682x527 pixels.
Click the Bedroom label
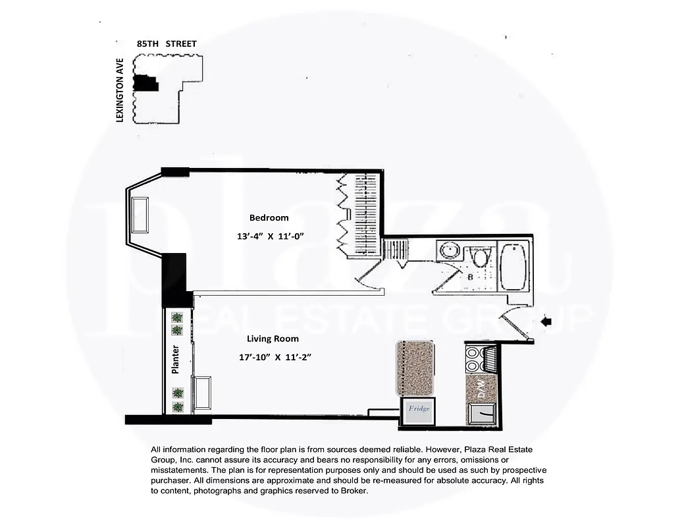269,217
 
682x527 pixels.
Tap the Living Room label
273,339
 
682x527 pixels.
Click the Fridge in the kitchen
419,409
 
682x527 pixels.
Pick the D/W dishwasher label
481,389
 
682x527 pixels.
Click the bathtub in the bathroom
514,270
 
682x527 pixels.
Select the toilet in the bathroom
481,257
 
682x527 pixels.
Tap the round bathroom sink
451,251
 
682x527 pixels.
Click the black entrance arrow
546,321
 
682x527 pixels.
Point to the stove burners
473,360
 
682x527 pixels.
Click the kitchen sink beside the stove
490,359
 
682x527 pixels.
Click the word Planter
176,361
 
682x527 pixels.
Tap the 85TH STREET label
167,43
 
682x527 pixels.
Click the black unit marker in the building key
145,83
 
